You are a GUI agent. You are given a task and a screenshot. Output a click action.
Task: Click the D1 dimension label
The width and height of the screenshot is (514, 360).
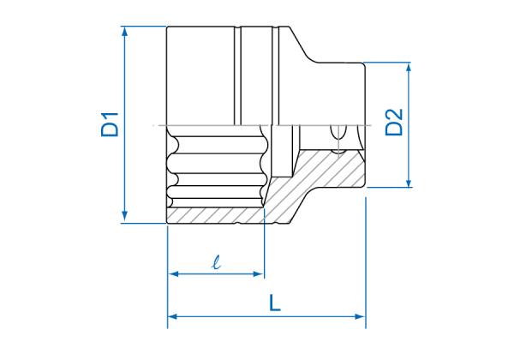tap(111, 124)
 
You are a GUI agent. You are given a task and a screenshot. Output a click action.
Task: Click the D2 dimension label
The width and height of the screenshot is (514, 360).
tap(394, 122)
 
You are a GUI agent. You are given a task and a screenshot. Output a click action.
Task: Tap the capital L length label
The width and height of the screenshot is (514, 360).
tap(275, 303)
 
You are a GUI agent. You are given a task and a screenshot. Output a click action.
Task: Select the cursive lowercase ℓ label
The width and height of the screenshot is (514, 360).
tap(216, 262)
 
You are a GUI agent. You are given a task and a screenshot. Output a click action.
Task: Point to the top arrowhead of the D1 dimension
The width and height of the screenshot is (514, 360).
tap(124, 31)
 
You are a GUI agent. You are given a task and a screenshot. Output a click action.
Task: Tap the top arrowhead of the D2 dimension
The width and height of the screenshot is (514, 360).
tap(409, 67)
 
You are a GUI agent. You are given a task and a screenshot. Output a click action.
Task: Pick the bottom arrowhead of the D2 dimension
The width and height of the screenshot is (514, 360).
tap(409, 182)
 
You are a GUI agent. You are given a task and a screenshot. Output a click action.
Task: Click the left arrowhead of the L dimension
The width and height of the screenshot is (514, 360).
tap(172, 316)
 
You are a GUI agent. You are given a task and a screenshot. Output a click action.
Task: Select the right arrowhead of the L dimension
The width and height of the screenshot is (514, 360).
tap(361, 316)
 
